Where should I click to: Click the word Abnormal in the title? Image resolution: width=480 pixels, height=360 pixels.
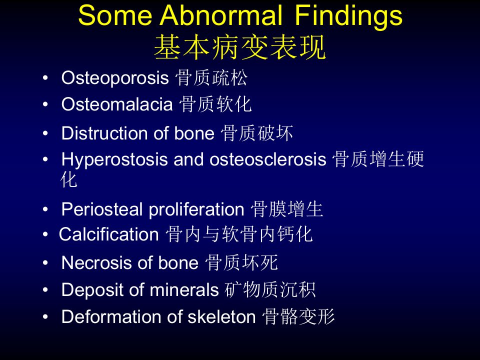pyautogui.click(x=221, y=15)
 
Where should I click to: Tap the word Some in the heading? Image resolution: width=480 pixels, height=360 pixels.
pyautogui.click(x=115, y=15)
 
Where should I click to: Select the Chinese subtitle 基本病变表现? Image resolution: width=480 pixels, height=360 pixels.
pyautogui.click(x=239, y=47)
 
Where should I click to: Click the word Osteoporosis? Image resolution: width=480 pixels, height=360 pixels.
pyautogui.click(x=115, y=78)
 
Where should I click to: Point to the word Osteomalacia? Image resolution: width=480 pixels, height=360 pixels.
pyautogui.click(x=117, y=104)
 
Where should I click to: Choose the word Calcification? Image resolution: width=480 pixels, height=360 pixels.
pyautogui.click(x=108, y=234)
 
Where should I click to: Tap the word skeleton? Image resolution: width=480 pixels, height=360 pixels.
pyautogui.click(x=221, y=316)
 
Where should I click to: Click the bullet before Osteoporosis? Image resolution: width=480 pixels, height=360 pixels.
pyautogui.click(x=45, y=78)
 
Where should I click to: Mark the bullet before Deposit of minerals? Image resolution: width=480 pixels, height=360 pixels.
pyautogui.click(x=45, y=289)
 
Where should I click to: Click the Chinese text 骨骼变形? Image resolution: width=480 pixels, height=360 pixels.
pyautogui.click(x=298, y=316)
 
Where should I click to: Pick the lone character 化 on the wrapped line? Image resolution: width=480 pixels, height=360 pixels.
pyautogui.click(x=68, y=179)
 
